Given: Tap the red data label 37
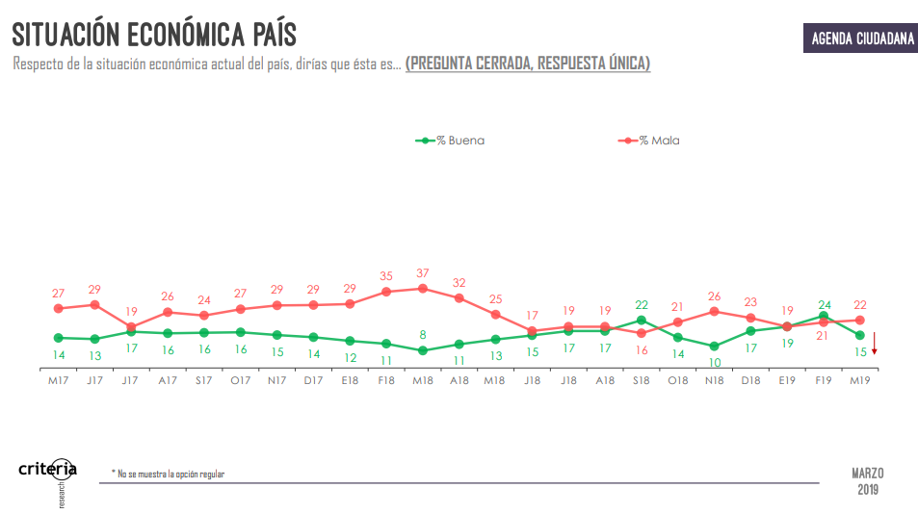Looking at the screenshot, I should (x=423, y=272).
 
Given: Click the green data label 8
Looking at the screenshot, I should (x=423, y=335).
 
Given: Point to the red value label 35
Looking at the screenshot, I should (x=386, y=275).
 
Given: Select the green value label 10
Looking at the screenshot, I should (x=714, y=362).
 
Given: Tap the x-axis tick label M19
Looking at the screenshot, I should (x=860, y=380).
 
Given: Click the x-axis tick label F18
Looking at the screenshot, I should (x=386, y=380).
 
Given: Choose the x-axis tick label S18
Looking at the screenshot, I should (x=642, y=380).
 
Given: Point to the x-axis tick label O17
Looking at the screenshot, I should (x=240, y=380).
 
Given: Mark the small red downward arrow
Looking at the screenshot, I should (x=875, y=345).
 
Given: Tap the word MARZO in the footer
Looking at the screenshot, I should (x=867, y=473).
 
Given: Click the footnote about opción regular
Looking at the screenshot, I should (x=170, y=474).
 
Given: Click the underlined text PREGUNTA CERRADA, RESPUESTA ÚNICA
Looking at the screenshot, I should (x=528, y=64).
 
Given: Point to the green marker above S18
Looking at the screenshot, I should (x=642, y=321).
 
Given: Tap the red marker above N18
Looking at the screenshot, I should (x=714, y=311).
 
